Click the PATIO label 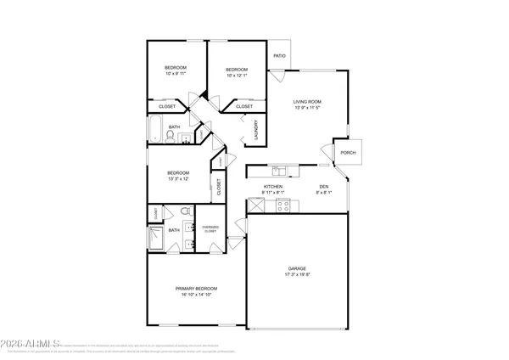tap(279, 57)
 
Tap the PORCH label tap(348, 153)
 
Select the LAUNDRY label tap(257, 129)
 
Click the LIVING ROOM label tap(307, 102)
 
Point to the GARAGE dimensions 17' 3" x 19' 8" tap(296, 275)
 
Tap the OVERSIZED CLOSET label tap(210, 228)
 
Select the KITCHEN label tap(272, 187)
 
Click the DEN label tap(324, 187)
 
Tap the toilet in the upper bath tap(170, 136)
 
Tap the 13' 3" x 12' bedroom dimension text tap(179, 177)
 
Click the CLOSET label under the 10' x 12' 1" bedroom tap(244, 107)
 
